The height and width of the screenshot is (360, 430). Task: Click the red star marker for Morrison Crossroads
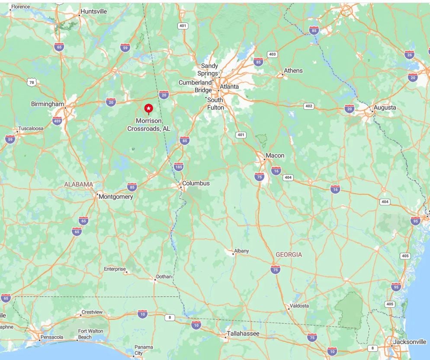click(148, 108)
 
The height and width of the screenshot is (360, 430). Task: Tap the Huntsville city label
click(93, 11)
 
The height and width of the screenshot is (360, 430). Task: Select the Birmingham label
click(48, 104)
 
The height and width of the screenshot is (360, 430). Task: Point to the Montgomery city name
click(116, 197)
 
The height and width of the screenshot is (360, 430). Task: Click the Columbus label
click(196, 183)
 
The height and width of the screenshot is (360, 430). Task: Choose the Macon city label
click(275, 156)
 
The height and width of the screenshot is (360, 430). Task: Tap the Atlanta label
click(229, 87)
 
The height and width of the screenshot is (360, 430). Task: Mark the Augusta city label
click(385, 108)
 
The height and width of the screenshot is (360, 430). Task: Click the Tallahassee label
click(243, 334)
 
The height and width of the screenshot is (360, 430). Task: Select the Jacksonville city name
click(410, 342)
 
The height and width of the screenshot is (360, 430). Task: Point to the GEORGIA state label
click(289, 255)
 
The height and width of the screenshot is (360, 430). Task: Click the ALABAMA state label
click(78, 185)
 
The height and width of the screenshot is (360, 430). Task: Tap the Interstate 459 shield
click(57, 121)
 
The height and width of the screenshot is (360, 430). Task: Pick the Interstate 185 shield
click(178, 167)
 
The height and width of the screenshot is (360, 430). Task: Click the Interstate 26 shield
click(409, 54)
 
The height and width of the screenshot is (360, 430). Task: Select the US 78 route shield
click(31, 82)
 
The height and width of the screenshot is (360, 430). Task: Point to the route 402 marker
click(308, 106)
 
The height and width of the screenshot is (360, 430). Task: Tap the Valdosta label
click(299, 306)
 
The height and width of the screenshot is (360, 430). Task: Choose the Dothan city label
click(164, 277)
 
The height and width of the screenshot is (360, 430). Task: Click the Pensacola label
click(52, 337)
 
